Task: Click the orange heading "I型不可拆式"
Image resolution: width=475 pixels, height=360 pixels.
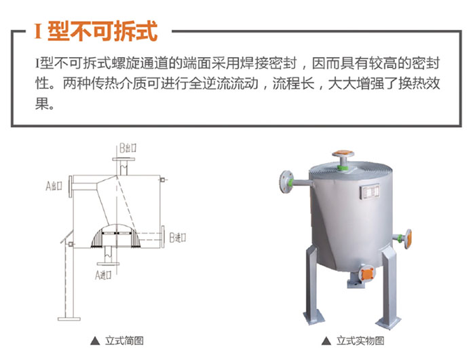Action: pyautogui.click(x=96, y=31)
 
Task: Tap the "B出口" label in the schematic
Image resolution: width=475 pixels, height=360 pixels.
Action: pyautogui.click(x=128, y=148)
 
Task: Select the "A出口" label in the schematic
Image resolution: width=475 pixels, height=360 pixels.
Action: pyautogui.click(x=54, y=185)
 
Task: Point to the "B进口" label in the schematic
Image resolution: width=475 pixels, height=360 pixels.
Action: pyautogui.click(x=178, y=238)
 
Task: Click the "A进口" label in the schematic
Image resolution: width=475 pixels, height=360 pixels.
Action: pyautogui.click(x=103, y=275)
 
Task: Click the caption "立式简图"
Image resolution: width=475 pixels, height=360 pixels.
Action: pyautogui.click(x=124, y=340)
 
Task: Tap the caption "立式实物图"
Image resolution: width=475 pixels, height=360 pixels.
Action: pyautogui.click(x=360, y=340)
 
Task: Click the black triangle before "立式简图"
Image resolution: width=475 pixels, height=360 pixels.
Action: pyautogui.click(x=95, y=341)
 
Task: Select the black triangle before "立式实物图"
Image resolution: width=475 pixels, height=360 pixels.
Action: pyautogui.click(x=326, y=341)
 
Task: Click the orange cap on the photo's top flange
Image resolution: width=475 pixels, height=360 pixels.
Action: pyautogui.click(x=343, y=153)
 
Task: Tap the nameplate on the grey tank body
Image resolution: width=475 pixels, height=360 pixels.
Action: pyautogui.click(x=370, y=192)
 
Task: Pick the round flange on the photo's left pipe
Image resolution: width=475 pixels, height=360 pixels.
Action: pyautogui.click(x=286, y=181)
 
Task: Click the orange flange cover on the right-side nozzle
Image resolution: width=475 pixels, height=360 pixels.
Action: pyautogui.click(x=408, y=239)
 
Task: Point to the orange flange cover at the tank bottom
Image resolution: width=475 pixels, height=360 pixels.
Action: pyautogui.click(x=367, y=274)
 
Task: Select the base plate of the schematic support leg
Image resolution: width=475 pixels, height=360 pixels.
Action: pyautogui.click(x=69, y=319)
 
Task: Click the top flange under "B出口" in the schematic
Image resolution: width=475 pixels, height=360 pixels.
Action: pyautogui.click(x=123, y=159)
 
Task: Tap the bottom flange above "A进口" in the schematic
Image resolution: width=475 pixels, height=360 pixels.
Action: pyautogui.click(x=108, y=264)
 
